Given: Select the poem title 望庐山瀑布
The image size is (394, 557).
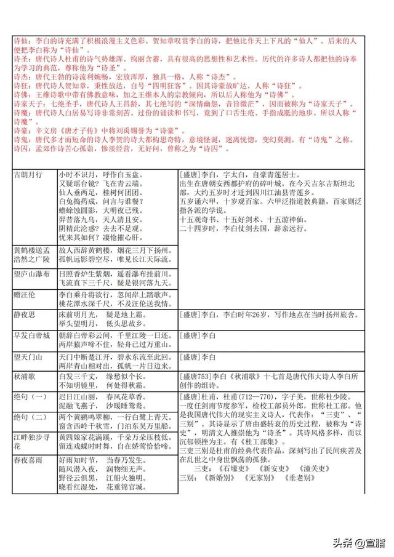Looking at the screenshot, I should pos(32,273).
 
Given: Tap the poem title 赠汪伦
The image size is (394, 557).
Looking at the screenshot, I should pos(25,295).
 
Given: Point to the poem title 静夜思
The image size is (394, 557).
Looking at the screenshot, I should pos(25,315).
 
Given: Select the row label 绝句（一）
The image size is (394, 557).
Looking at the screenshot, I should pos(30,398).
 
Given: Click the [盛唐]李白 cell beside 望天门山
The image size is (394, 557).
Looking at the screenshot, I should pos(198,357).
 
